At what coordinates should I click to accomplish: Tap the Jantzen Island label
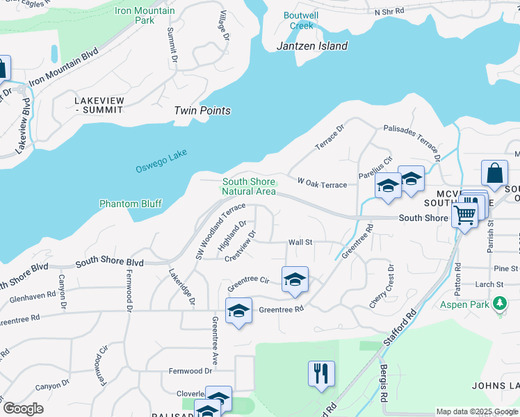point(312,46)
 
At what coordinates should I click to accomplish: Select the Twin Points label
point(202,111)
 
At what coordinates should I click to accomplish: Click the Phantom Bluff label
point(131,204)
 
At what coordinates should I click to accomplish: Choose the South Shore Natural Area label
point(249,186)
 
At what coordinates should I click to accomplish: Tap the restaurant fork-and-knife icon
point(321,373)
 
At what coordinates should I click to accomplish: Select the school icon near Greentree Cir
point(295,279)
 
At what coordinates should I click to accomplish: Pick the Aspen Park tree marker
point(499,304)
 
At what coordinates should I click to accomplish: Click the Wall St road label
point(300,243)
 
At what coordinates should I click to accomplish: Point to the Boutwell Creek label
point(302,20)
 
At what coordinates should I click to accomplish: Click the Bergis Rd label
point(383,382)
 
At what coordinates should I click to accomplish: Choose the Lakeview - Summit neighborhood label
point(99,105)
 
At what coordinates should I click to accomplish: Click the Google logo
point(23,409)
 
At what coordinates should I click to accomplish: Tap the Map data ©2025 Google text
point(477,411)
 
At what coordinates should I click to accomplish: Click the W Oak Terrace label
point(322,183)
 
